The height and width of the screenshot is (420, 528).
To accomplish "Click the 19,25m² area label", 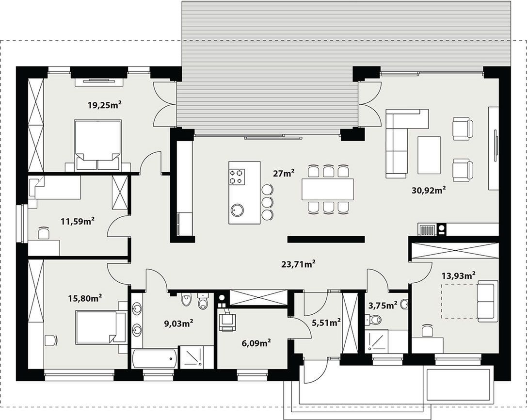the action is click(104, 105).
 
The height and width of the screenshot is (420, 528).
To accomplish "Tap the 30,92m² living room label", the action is click(429, 190).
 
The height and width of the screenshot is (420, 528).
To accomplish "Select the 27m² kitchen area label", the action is click(284, 174).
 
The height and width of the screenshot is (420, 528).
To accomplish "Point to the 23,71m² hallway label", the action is click(298, 264).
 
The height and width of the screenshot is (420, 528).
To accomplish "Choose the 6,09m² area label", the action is click(256, 343).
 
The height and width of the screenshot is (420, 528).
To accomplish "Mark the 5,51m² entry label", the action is click(326, 323).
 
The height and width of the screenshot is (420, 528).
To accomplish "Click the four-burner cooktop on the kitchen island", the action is click(237, 177).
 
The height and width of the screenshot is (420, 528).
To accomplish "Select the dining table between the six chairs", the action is click(328, 189).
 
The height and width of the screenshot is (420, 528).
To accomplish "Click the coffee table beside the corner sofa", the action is click(429, 155).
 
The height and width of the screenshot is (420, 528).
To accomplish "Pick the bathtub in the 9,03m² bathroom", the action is click(154, 359).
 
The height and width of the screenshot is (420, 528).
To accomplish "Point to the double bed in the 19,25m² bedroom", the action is click(97, 145).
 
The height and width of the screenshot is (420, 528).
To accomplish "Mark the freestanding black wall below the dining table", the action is click(326, 239).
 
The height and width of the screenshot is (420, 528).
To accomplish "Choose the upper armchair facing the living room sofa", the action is click(463, 129).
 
